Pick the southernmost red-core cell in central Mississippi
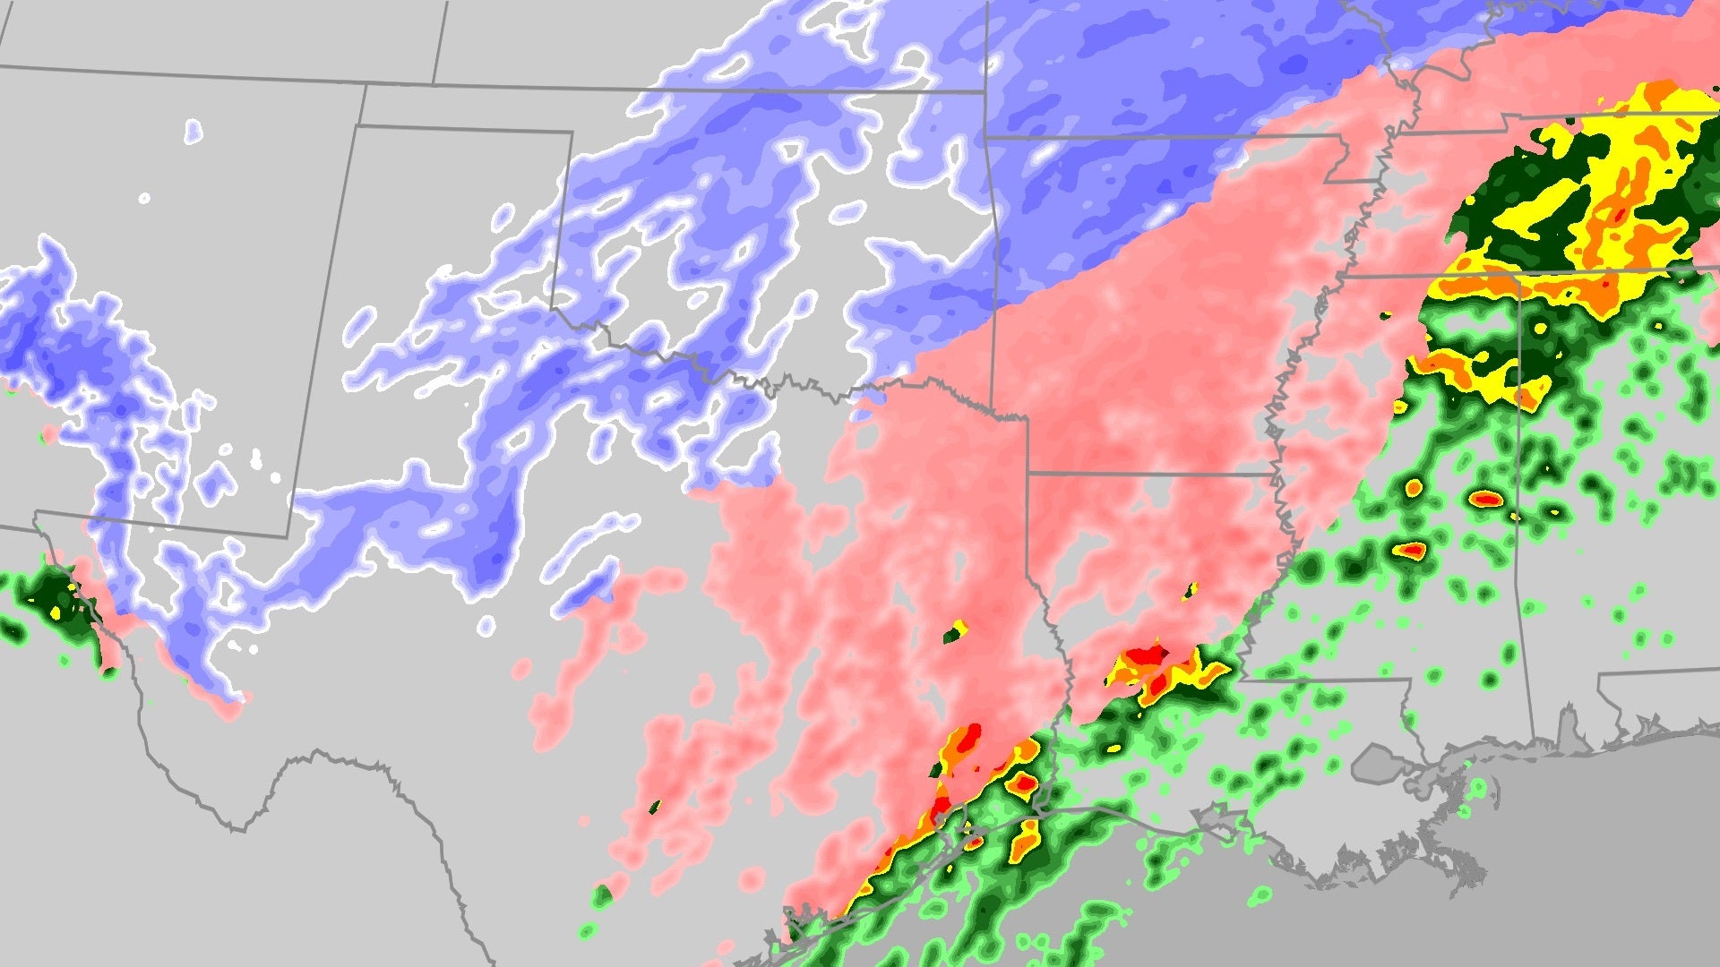[1413, 549]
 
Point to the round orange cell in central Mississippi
[1414, 488]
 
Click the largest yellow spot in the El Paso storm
[56, 612]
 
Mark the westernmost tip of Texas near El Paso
[36, 514]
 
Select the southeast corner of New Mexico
[288, 537]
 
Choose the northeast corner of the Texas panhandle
[572, 133]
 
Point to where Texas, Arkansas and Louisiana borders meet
[1028, 472]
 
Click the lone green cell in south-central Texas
[602, 894]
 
